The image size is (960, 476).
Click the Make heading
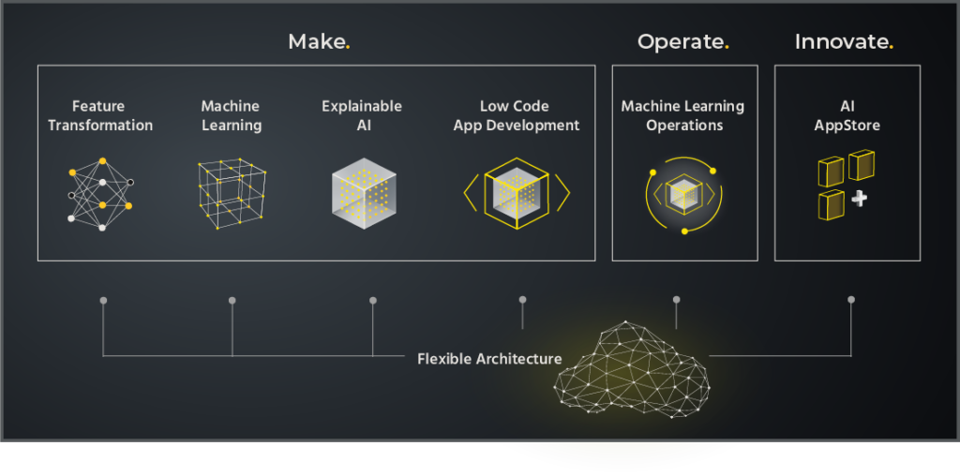(318, 41)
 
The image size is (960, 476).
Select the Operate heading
(682, 41)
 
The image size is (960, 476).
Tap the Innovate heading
(843, 41)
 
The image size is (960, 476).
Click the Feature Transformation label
(99, 115)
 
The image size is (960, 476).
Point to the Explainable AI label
(361, 115)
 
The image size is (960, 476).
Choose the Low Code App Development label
(516, 115)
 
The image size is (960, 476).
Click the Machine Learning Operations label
(683, 115)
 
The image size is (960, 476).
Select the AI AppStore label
(847, 115)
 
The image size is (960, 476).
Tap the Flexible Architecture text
(489, 358)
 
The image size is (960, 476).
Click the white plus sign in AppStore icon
(859, 200)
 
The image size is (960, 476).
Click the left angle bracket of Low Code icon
(470, 192)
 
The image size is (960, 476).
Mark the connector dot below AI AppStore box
(851, 300)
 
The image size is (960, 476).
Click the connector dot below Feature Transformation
(103, 301)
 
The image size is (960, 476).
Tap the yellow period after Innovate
(891, 47)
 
